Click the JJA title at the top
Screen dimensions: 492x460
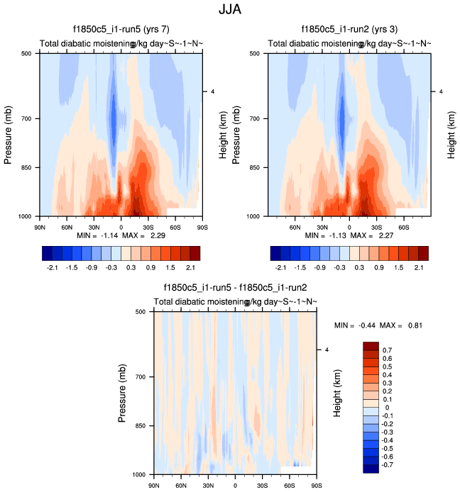pyautogui.click(x=230, y=11)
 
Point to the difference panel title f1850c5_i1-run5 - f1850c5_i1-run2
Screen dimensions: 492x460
pyautogui.click(x=235, y=288)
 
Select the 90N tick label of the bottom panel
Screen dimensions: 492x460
pyautogui.click(x=154, y=486)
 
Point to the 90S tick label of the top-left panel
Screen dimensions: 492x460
pyautogui.click(x=202, y=228)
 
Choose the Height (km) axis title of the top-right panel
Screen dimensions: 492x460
pyautogui.click(x=451, y=134)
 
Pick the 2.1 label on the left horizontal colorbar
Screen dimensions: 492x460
pyautogui.click(x=190, y=269)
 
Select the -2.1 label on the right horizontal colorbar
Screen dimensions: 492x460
pyautogui.click(x=280, y=269)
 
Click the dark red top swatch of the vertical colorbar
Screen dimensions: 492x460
pyautogui.click(x=371, y=346)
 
